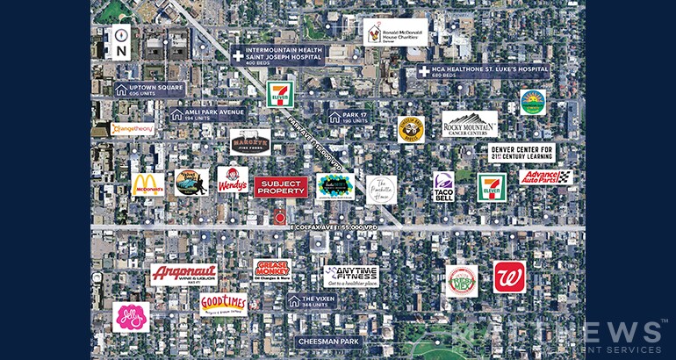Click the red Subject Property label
tap(281, 186)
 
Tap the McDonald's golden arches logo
tap(148, 184)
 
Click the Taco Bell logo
tap(443, 187)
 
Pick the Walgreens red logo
tap(508, 277)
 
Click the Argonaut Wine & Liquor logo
tap(183, 275)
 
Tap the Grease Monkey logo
tap(271, 268)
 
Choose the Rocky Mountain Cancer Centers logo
tap(470, 125)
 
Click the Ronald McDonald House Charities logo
tap(395, 32)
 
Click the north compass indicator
tap(120, 43)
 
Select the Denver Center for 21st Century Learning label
tap(521, 153)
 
